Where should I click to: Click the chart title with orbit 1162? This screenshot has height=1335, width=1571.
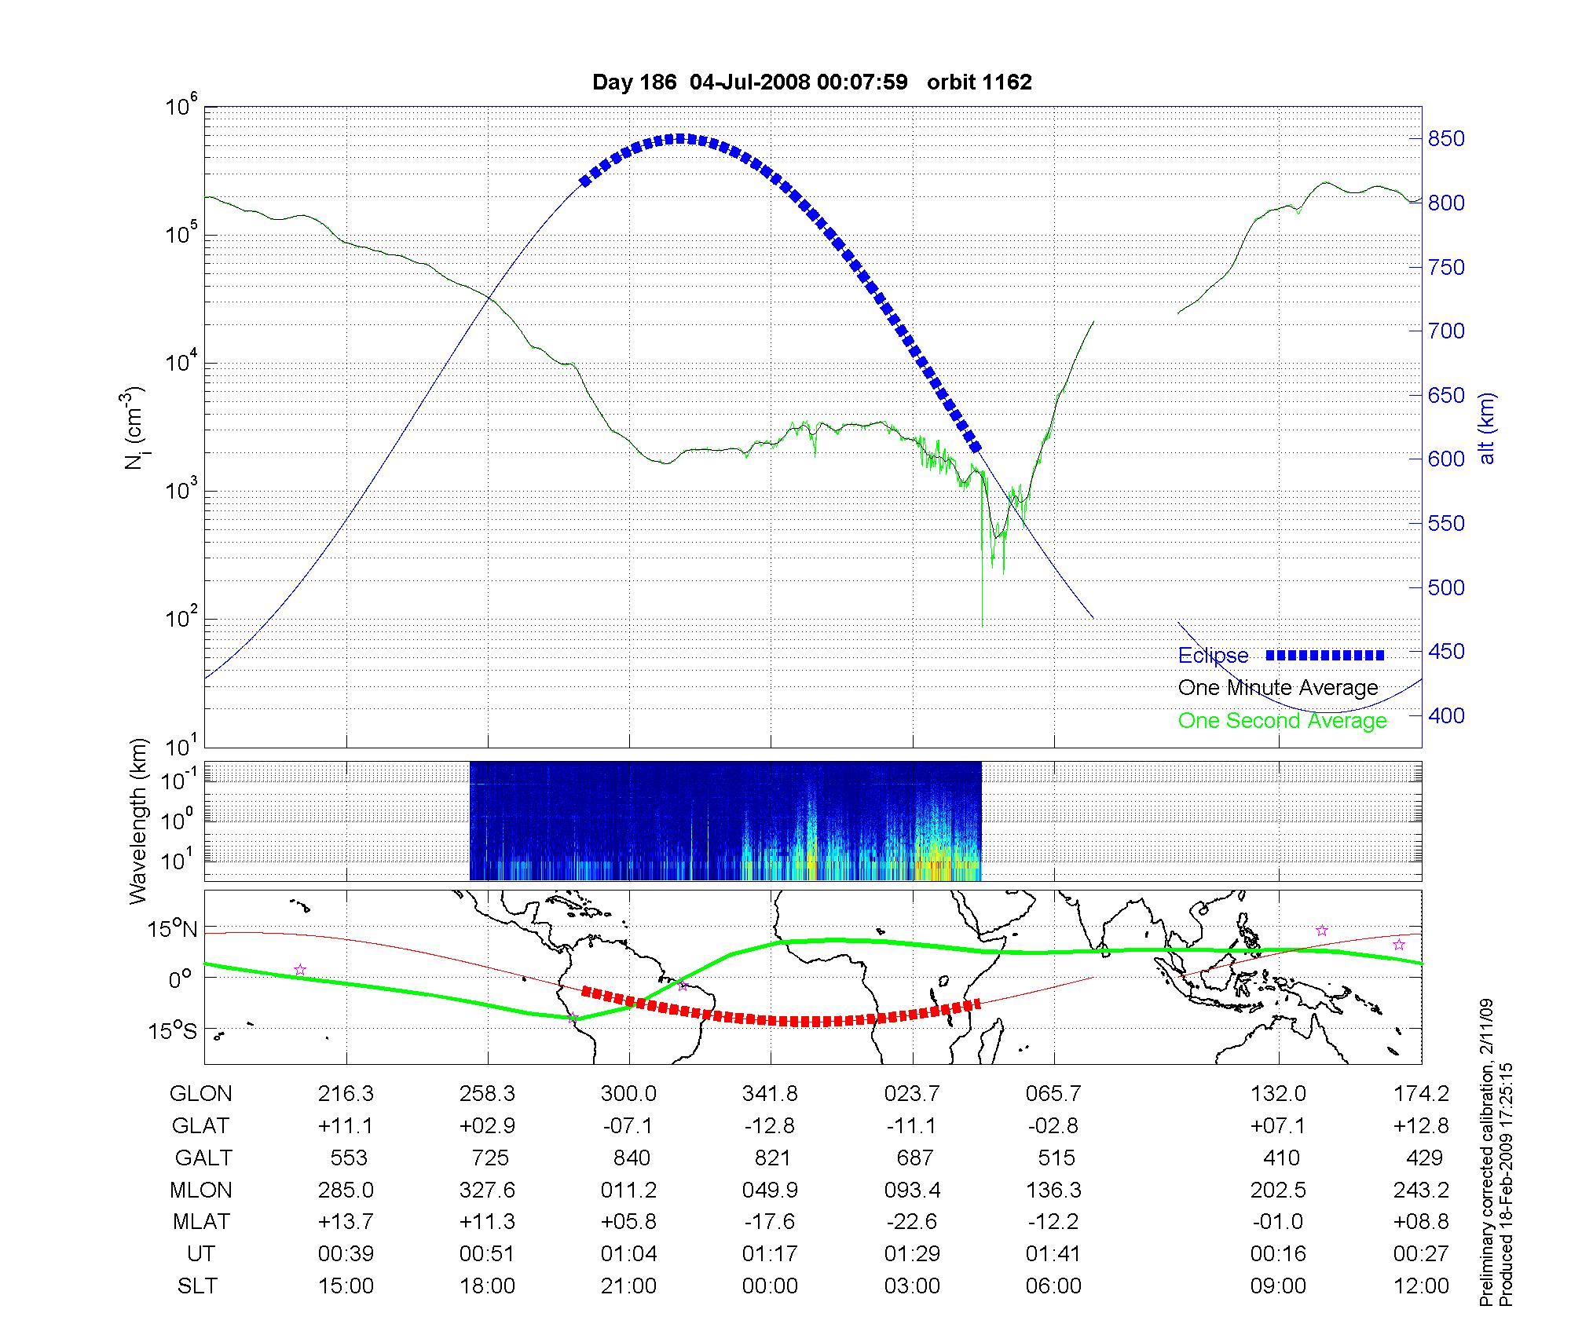click(x=811, y=82)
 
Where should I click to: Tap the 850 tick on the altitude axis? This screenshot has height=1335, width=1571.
click(x=1445, y=139)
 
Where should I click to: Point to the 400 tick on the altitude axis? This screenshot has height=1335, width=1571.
click(x=1445, y=715)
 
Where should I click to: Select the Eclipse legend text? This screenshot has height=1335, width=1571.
click(x=1213, y=656)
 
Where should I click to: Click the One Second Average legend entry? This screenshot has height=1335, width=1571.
click(x=1282, y=721)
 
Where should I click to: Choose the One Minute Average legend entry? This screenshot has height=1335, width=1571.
click(x=1278, y=688)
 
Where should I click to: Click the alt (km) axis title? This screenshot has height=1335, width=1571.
click(x=1488, y=428)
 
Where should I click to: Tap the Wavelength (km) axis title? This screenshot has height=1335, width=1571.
click(x=138, y=821)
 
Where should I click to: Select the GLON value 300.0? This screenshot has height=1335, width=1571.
click(x=628, y=1094)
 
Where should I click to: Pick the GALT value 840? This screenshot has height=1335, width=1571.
click(x=632, y=1158)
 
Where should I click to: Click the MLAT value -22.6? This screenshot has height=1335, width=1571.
click(x=912, y=1222)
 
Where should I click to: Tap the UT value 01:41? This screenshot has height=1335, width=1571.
click(x=1053, y=1254)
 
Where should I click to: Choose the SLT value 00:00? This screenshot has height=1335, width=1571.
click(x=770, y=1286)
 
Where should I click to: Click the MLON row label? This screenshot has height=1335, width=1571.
click(x=201, y=1191)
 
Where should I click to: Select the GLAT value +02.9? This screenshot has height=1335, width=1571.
click(x=487, y=1126)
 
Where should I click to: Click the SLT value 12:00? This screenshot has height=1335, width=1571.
click(x=1420, y=1286)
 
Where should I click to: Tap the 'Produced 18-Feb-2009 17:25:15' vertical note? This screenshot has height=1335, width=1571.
click(x=1507, y=1185)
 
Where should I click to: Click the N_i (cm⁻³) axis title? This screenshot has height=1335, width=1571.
click(x=135, y=428)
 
